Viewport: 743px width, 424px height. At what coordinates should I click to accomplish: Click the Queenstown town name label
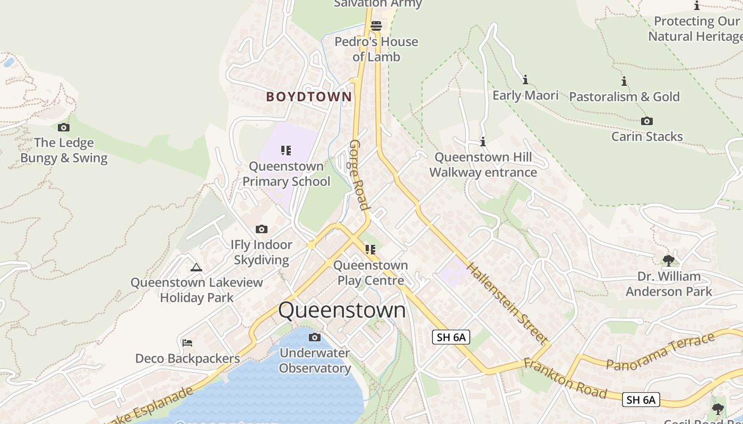(x=342, y=310)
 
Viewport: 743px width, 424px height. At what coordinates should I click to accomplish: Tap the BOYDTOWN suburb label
(x=309, y=96)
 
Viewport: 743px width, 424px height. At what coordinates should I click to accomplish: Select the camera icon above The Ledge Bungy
(x=64, y=127)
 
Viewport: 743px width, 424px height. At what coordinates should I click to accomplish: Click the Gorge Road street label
(x=359, y=175)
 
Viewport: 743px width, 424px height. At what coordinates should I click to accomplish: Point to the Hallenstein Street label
(x=508, y=303)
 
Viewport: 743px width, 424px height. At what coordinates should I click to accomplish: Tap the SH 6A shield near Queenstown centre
(x=451, y=337)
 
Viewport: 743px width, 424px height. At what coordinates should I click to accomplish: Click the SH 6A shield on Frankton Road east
(x=641, y=400)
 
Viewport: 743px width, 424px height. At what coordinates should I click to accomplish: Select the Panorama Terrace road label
(x=661, y=352)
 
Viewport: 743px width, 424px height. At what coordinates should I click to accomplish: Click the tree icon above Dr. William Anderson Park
(x=669, y=260)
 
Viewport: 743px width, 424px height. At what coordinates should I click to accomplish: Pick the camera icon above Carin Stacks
(x=646, y=121)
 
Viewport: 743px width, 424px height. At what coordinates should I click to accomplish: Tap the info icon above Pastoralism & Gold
(x=624, y=81)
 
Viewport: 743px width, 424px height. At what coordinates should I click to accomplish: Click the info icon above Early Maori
(x=525, y=79)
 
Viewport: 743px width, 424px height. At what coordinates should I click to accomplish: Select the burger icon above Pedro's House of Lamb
(x=376, y=25)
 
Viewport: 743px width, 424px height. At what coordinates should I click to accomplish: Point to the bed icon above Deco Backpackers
(x=187, y=342)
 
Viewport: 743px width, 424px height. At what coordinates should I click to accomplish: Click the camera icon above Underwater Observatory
(x=315, y=337)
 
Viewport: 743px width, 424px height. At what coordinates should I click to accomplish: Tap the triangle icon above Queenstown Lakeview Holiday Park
(x=196, y=267)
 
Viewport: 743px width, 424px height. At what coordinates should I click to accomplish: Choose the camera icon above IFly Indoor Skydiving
(x=261, y=229)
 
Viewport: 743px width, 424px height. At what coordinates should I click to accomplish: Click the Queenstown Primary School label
(x=287, y=174)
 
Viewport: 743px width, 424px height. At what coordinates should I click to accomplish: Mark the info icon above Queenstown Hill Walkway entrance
(x=483, y=142)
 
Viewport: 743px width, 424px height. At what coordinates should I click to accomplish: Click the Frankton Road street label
(x=565, y=378)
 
